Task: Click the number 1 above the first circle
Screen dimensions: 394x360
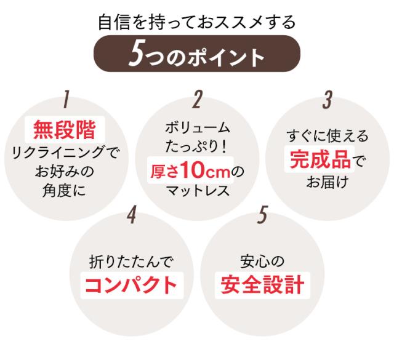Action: point(66,100)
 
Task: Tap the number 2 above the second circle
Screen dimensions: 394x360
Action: point(197,100)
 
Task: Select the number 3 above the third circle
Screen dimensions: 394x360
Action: point(327,100)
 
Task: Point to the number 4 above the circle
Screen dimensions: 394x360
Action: point(132,215)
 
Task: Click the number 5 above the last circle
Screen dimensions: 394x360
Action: point(263,215)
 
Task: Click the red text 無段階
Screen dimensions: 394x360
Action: point(65,130)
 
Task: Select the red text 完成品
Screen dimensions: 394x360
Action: point(320,159)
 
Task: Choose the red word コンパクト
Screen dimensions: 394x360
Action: point(131,285)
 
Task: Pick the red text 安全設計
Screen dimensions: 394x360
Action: point(263,285)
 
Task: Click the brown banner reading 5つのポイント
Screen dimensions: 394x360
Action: point(197,54)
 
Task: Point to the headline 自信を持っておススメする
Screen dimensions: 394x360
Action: point(197,22)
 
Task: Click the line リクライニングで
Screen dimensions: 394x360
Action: point(65,153)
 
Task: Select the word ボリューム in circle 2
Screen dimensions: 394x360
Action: point(198,127)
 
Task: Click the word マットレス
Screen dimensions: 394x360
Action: point(198,191)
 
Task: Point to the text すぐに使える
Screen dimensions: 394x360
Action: point(327,136)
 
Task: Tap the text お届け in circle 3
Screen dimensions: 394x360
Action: point(327,182)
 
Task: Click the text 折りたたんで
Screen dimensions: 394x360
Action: point(131,262)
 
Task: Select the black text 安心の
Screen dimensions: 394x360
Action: point(262,262)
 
